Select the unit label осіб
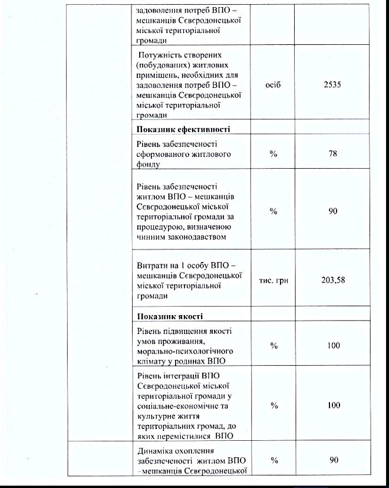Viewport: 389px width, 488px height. click(x=273, y=85)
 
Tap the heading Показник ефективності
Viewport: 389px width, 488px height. click(x=183, y=129)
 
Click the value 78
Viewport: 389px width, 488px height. click(x=333, y=153)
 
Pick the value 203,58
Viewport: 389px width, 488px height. click(x=333, y=280)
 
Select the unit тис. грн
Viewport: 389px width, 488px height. click(x=273, y=280)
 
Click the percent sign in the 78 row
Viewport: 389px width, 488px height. click(x=273, y=153)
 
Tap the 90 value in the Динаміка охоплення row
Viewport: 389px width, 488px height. click(x=333, y=460)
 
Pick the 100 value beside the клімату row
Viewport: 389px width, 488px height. click(x=333, y=345)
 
